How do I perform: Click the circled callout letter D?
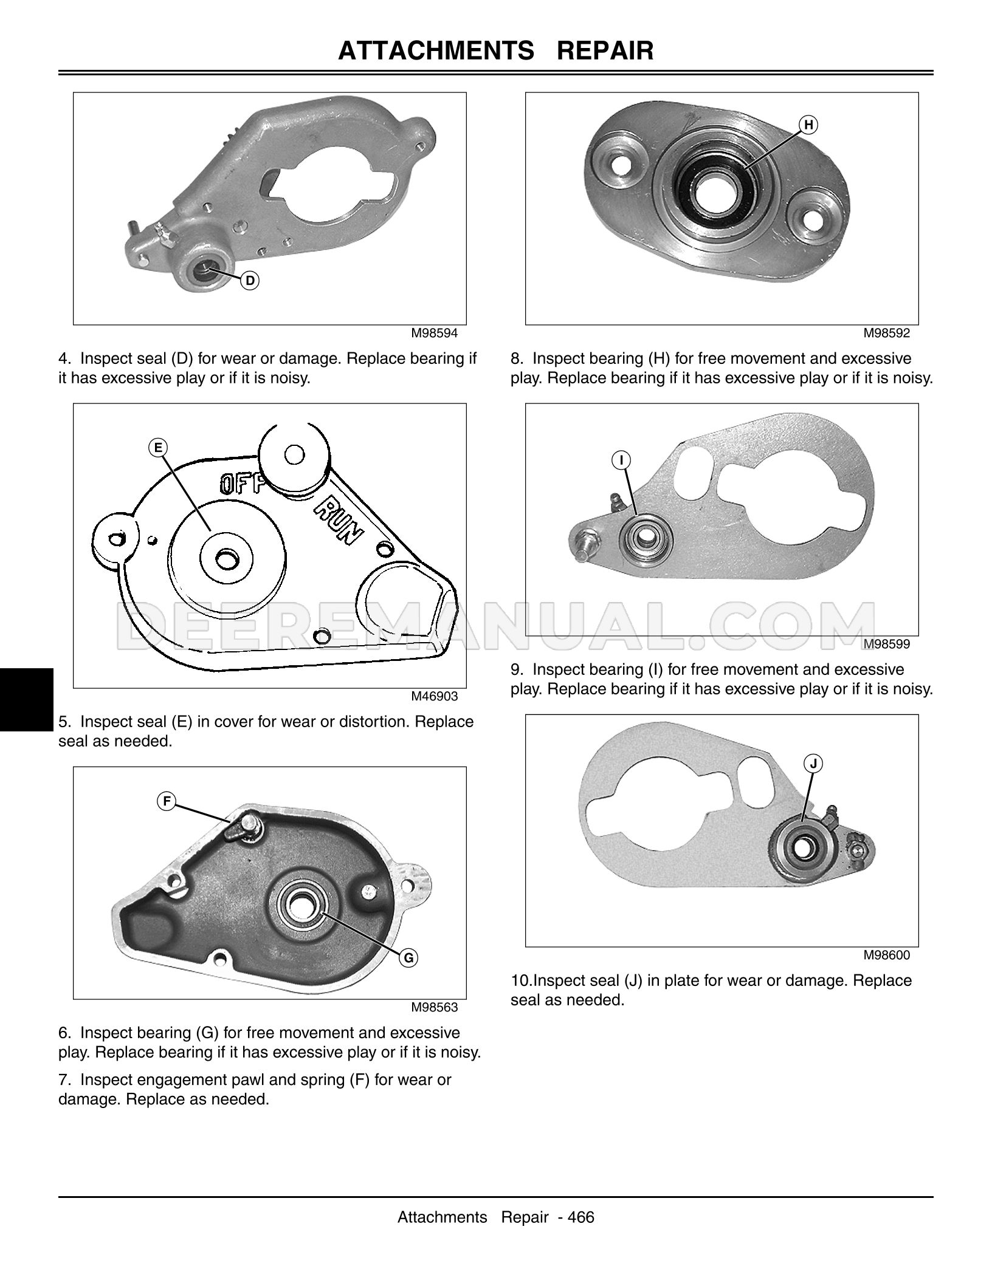[x=250, y=281]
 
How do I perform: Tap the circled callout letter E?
[x=158, y=448]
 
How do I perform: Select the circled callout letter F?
[x=167, y=802]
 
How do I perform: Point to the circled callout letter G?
[x=409, y=958]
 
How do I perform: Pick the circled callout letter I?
[x=622, y=460]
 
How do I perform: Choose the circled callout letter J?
[x=814, y=763]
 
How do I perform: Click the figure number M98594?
[x=435, y=333]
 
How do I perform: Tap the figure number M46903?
[x=435, y=696]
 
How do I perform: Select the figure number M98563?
[x=435, y=1007]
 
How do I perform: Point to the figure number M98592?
[x=887, y=333]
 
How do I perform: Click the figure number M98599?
[x=887, y=644]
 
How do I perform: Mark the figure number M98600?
[x=887, y=955]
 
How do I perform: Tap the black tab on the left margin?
[x=27, y=699]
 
